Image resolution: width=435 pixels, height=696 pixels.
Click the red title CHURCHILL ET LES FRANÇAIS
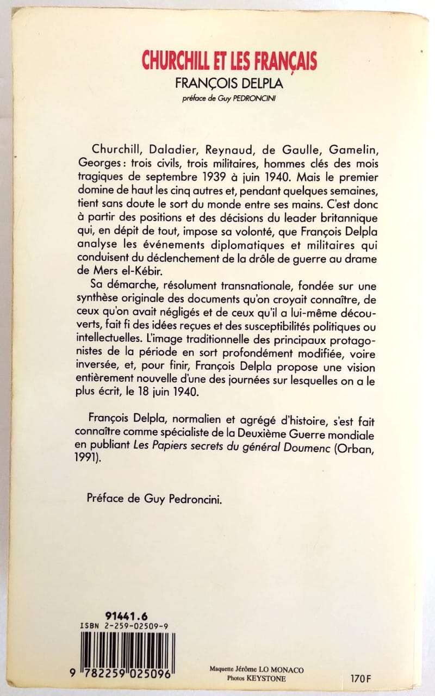[x=229, y=60]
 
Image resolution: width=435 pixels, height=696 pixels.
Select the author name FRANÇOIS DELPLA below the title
[x=229, y=86]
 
